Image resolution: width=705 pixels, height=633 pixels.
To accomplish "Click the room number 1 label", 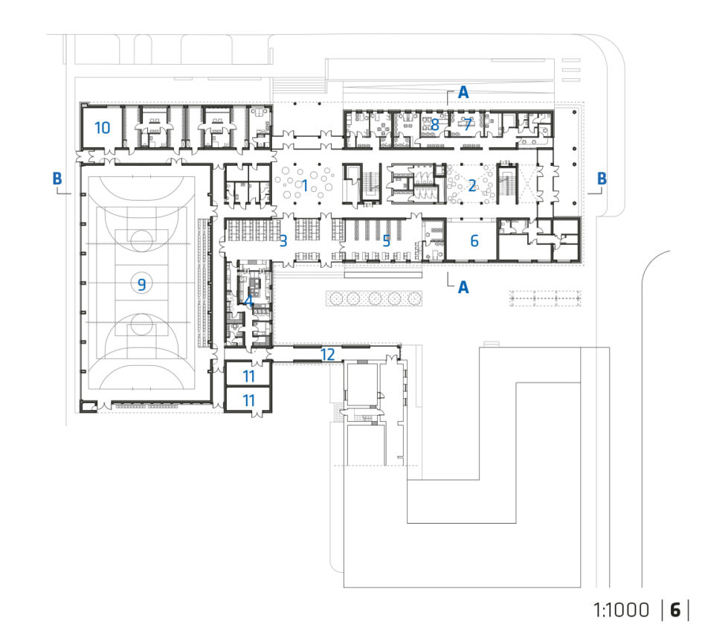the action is tap(305, 185).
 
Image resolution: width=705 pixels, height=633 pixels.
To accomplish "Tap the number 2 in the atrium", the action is tap(471, 185).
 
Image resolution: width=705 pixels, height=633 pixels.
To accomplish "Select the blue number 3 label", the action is tap(283, 241).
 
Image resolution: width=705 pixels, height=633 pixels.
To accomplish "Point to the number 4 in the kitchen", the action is tap(248, 301).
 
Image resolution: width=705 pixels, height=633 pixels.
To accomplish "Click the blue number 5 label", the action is tap(386, 241).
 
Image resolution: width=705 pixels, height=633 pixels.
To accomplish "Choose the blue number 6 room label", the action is tap(474, 241).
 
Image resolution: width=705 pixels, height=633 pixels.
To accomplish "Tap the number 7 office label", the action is tap(468, 124).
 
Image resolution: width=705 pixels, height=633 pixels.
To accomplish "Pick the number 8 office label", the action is tap(435, 124).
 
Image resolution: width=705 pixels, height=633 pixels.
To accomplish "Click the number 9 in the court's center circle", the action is tap(141, 284).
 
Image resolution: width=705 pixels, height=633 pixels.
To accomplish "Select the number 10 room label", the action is tap(102, 128).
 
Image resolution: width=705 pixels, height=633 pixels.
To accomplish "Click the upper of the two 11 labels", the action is tap(248, 376).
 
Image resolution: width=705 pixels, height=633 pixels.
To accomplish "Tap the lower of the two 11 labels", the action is tap(248, 400).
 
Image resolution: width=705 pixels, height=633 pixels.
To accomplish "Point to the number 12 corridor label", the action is tap(328, 355).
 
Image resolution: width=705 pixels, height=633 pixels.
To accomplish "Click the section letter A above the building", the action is tap(463, 93).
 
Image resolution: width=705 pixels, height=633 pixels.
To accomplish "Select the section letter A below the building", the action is tap(463, 287).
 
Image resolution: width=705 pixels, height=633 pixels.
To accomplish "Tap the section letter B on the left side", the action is tap(57, 178).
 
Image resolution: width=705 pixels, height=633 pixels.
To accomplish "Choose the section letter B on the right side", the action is tap(602, 179).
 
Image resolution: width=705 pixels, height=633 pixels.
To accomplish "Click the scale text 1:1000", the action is tap(621, 610).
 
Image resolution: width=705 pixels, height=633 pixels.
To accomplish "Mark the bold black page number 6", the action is tap(675, 610).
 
